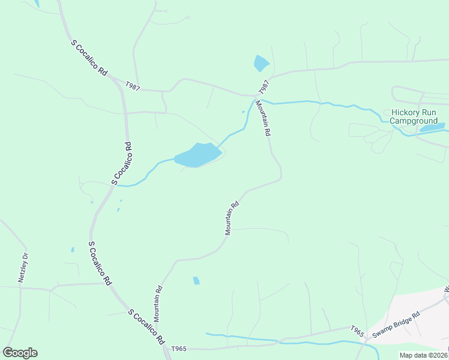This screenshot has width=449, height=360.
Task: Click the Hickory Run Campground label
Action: [417, 116]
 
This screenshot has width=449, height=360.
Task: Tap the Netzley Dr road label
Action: [24, 268]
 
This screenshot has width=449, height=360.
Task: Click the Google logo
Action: [20, 353]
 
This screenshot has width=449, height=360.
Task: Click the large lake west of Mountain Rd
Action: [197, 155]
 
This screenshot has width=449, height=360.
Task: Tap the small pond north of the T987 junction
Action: [261, 63]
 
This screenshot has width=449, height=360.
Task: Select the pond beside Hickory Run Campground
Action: [432, 127]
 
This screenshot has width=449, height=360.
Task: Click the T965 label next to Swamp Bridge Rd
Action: [357, 329]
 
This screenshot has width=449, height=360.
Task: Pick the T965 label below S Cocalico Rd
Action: [179, 349]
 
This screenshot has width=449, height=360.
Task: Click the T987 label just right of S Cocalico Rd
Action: [133, 87]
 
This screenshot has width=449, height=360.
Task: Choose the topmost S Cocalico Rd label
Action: [89, 58]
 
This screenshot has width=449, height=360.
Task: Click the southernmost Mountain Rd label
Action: [158, 302]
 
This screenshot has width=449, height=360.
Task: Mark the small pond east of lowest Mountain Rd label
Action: [196, 280]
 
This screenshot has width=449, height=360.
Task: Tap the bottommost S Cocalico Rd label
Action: [146, 326]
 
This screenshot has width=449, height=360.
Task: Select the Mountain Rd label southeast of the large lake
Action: [232, 217]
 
